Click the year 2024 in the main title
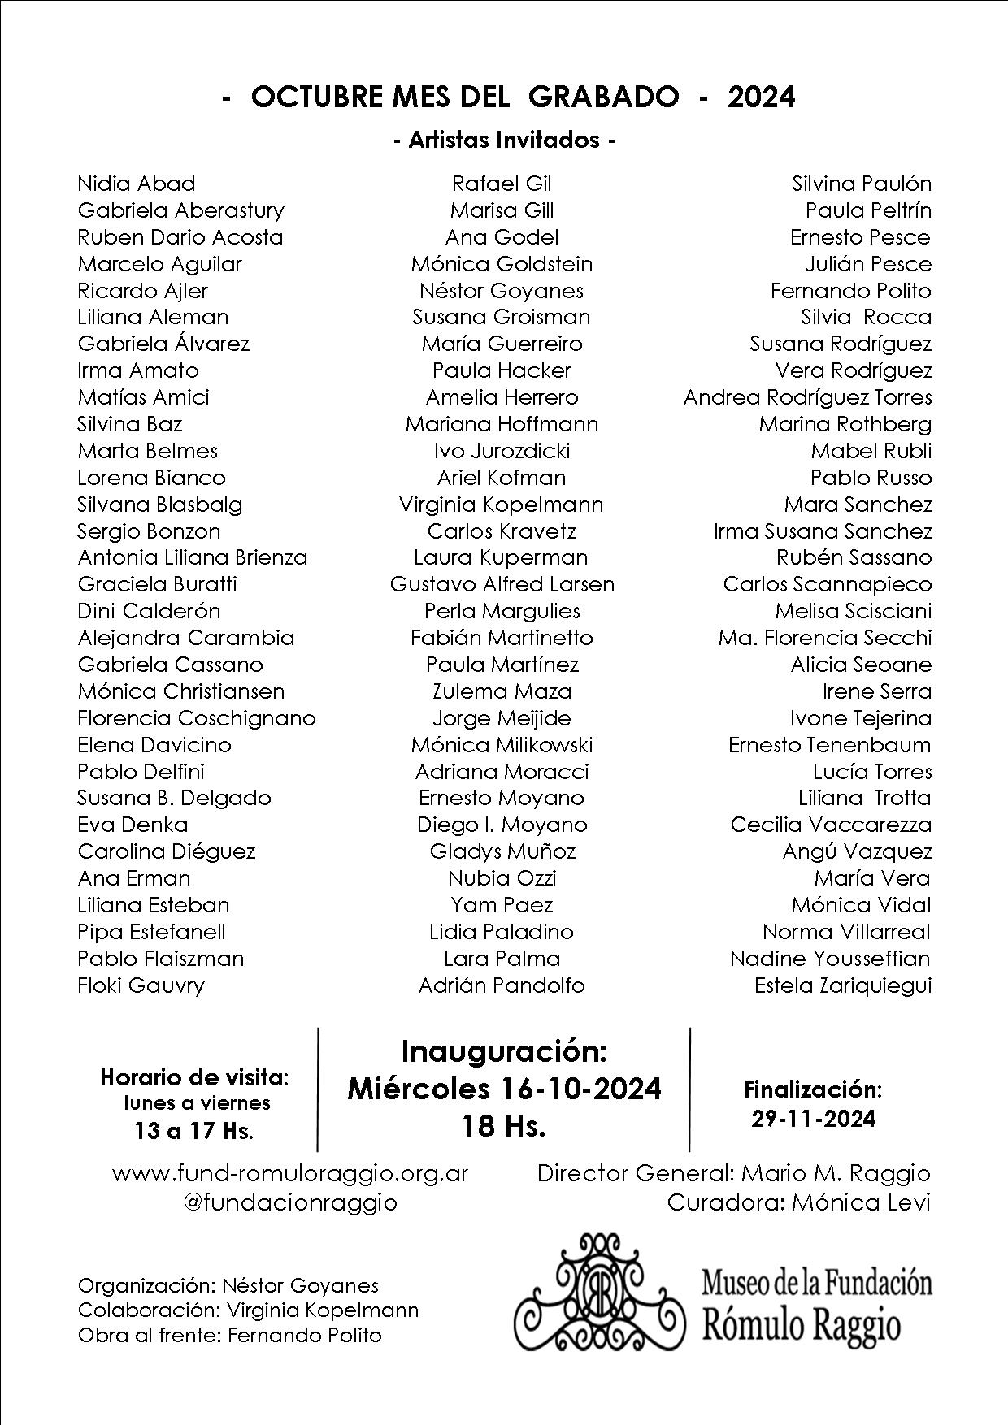[761, 97]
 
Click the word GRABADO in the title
[603, 97]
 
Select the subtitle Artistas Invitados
[504, 141]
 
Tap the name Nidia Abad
[137, 184]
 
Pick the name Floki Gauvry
[141, 985]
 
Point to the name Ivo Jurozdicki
[502, 451]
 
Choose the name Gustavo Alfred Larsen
[502, 584]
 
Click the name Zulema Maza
[502, 691]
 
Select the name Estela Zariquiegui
[843, 985]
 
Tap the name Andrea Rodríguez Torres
[807, 397]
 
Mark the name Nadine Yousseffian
[830, 959]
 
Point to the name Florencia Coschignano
[197, 718]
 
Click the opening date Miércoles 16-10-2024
[504, 1089]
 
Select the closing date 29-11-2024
[814, 1119]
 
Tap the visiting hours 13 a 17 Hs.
[193, 1131]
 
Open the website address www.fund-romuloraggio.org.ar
[290, 1173]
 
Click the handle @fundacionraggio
[290, 1202]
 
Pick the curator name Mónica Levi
[860, 1202]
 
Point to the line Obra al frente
[229, 1335]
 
